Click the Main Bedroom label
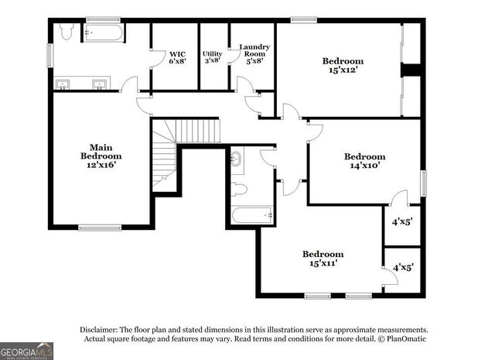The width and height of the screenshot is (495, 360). [101, 155]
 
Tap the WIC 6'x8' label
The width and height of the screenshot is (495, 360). [178, 58]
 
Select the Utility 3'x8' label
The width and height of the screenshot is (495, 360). [213, 57]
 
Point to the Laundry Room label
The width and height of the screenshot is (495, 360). [254, 53]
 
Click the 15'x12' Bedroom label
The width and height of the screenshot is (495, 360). [343, 66]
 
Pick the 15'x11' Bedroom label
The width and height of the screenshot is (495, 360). [323, 259]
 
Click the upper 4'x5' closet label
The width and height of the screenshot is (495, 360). [402, 221]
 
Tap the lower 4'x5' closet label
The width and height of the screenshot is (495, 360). [402, 267]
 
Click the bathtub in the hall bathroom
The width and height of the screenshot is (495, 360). [252, 214]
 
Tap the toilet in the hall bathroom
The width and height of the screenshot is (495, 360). [239, 188]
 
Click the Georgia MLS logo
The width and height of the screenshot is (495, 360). [27, 351]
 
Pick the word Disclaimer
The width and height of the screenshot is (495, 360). [101, 329]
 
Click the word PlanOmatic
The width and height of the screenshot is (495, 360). [405, 338]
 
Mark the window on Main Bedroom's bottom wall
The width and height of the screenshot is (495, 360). [100, 228]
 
